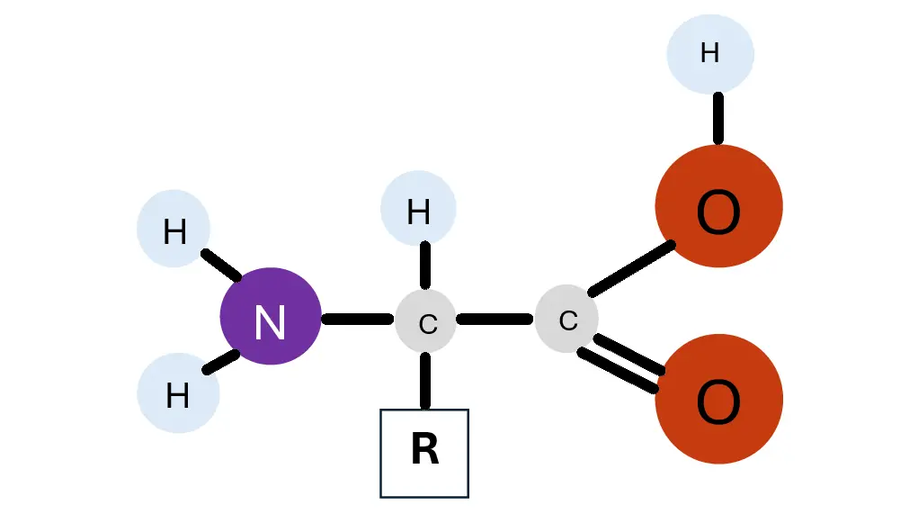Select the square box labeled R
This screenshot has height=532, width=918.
coord(424,453)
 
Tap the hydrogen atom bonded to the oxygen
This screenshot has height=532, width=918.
coord(709,54)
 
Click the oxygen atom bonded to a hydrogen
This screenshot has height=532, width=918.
coord(718,206)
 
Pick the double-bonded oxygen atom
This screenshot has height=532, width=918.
coord(718,399)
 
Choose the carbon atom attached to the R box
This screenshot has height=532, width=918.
coord(426,320)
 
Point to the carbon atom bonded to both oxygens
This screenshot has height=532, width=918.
coord(566,319)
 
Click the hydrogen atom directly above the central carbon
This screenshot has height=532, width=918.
coord(418,208)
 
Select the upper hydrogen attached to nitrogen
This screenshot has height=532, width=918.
coord(174,230)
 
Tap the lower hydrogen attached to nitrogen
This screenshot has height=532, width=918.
coord(178,393)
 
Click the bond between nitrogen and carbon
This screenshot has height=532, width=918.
coord(357,320)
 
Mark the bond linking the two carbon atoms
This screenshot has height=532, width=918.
coord(495,320)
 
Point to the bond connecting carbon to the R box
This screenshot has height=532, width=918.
coord(425,381)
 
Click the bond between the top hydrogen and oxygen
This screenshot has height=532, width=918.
coord(718,118)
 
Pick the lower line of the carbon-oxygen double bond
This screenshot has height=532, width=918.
coord(619,370)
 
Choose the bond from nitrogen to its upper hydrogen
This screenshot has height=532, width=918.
coord(221,265)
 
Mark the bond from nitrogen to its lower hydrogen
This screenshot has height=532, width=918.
coord(221,361)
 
